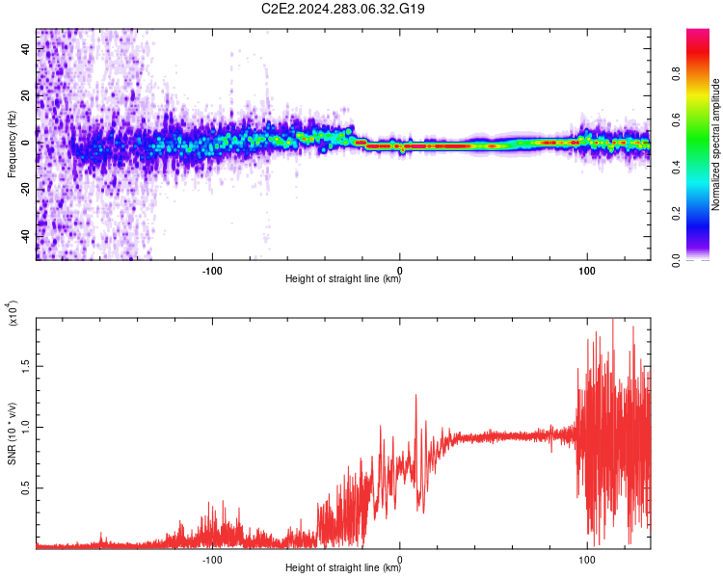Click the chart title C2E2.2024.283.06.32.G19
(342, 9)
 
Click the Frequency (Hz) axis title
(12, 144)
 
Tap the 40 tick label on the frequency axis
(26, 49)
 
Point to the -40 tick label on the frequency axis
(26, 235)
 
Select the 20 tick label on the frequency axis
(26, 96)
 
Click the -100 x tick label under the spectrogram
(212, 271)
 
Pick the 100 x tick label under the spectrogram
(587, 271)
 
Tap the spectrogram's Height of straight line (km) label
(343, 278)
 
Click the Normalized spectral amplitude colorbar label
(715, 144)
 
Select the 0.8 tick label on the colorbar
(676, 74)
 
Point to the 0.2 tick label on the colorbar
(676, 213)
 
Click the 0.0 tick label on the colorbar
(676, 260)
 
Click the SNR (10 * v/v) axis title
(12, 433)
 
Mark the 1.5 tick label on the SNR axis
(26, 366)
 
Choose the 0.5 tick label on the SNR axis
(26, 487)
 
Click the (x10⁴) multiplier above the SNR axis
(13, 313)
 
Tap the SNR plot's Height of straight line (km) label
(343, 567)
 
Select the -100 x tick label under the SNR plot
(212, 560)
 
